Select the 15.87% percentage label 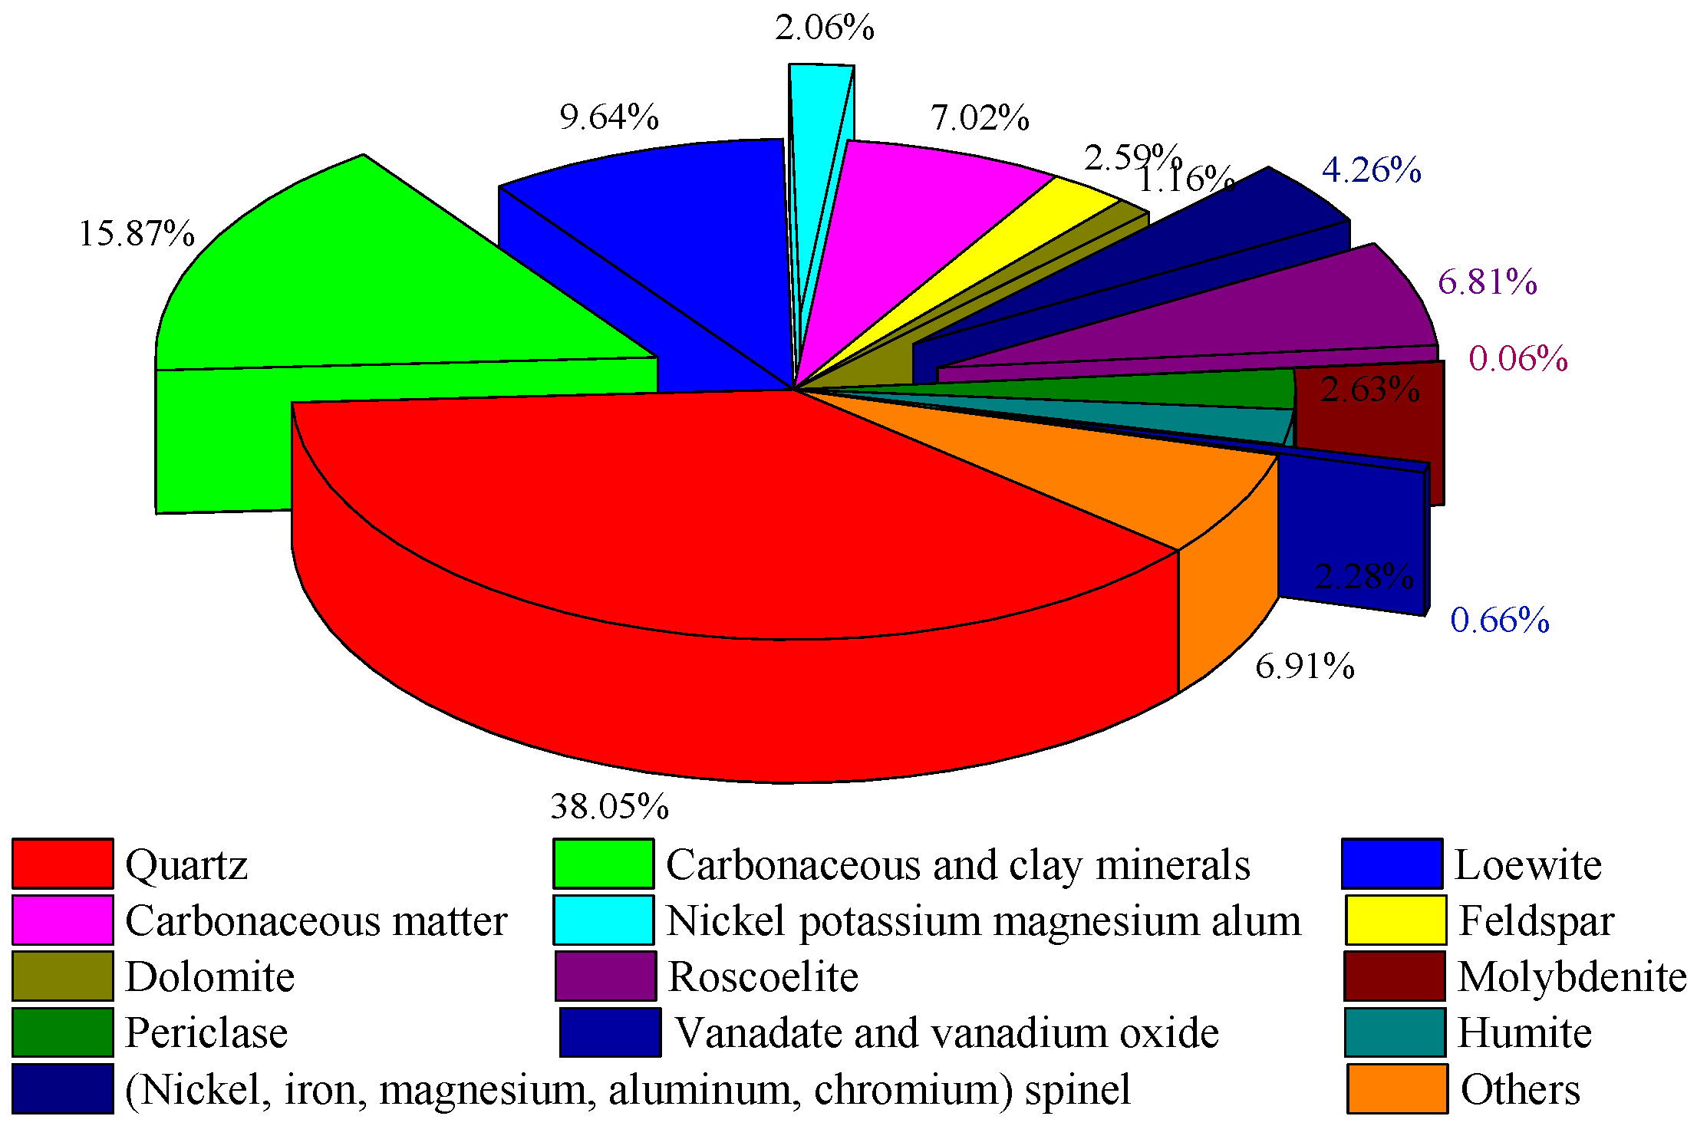(x=137, y=234)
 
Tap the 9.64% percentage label (x=609, y=117)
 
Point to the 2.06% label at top (x=825, y=28)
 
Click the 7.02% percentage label (x=980, y=118)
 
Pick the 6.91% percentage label (x=1305, y=667)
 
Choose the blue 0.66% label (x=1500, y=621)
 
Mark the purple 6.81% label (x=1488, y=282)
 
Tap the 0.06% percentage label (x=1518, y=359)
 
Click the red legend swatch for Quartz (x=63, y=864)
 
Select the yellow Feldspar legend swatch (x=1396, y=920)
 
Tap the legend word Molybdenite (x=1572, y=976)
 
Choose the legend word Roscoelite (x=763, y=976)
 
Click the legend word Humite (x=1524, y=1032)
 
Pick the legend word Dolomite (x=209, y=976)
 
